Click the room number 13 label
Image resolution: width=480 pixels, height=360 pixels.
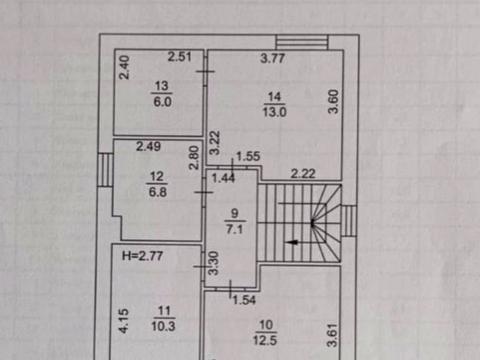161,86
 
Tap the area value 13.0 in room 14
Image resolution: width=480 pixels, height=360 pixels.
274,112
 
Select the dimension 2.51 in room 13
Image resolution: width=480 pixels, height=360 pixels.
179,57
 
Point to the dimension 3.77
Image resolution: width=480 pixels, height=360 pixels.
272,58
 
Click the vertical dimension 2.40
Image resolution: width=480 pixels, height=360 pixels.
124,67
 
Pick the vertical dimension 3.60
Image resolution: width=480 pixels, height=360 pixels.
333,102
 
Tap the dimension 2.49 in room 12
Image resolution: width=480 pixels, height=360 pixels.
148,146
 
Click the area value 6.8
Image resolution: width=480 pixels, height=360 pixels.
157,192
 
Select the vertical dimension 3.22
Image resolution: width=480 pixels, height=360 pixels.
215,143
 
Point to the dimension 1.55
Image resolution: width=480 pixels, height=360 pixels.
248,156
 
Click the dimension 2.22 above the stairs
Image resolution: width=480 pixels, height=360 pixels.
303,173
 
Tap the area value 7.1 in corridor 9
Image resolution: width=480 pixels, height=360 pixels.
235,229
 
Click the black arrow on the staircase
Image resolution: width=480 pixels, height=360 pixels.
292,242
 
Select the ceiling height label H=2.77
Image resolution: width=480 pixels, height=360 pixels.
142,256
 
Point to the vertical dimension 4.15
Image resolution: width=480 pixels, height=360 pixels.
124,321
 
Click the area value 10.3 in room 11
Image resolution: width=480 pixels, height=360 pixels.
163,326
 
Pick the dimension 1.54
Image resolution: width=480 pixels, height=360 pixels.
244,300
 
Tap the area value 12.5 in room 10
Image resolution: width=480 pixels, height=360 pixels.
265,341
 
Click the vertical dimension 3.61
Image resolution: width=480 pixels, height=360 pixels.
333,335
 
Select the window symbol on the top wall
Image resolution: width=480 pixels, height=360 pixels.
302,42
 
